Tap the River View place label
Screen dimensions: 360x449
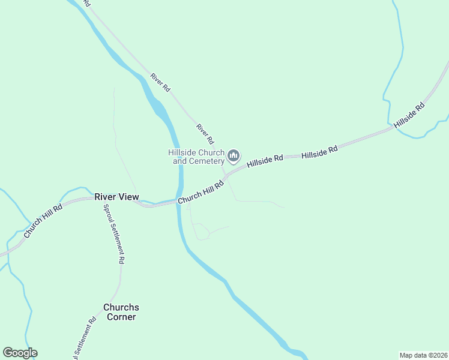point(116,197)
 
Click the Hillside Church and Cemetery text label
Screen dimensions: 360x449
point(197,157)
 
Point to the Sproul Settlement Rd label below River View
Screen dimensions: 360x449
point(114,234)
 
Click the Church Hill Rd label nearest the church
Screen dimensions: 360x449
point(200,191)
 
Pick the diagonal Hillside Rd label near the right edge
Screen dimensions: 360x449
point(409,115)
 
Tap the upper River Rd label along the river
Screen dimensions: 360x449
point(160,82)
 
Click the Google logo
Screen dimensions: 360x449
point(20,353)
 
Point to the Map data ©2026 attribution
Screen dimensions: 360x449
point(423,355)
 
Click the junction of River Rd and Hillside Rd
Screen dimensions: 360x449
point(226,175)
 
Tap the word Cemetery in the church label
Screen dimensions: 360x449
point(208,161)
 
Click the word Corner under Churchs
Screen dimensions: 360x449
point(122,317)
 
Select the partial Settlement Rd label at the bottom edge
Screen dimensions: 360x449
point(85,340)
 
